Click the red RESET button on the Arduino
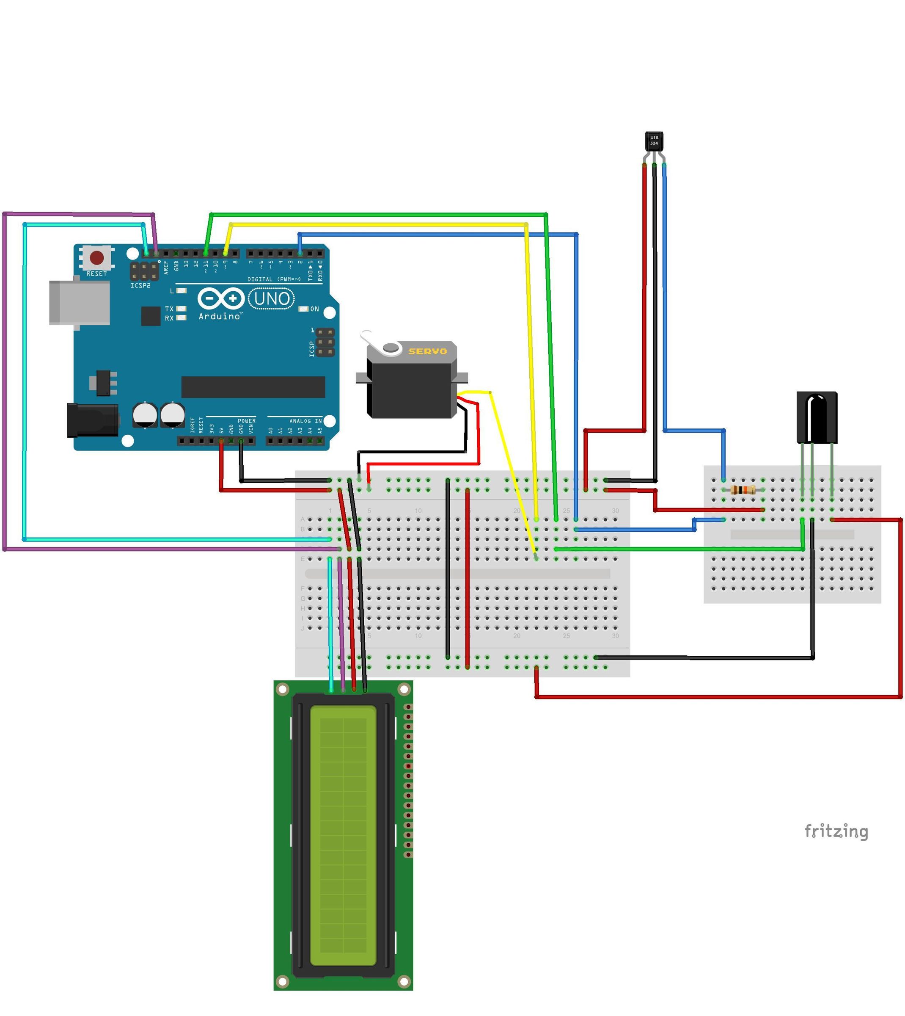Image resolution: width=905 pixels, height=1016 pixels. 96,258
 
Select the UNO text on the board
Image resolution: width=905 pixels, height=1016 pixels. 272,299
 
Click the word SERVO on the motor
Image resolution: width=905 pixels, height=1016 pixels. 427,351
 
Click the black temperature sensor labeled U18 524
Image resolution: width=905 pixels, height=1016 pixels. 654,141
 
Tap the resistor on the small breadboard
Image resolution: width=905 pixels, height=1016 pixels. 743,491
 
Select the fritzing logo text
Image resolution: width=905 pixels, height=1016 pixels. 836,831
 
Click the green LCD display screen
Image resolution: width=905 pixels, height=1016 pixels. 343,836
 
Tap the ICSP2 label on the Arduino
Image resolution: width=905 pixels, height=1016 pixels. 140,286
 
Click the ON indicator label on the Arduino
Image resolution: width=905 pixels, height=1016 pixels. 315,309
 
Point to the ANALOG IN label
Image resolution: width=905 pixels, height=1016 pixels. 305,421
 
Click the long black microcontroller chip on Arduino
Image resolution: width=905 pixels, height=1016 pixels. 253,387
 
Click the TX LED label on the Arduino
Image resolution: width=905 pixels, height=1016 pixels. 170,309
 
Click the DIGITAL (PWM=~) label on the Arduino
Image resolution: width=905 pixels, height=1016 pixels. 274,279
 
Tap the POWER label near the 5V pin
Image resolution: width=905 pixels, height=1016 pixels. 247,421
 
